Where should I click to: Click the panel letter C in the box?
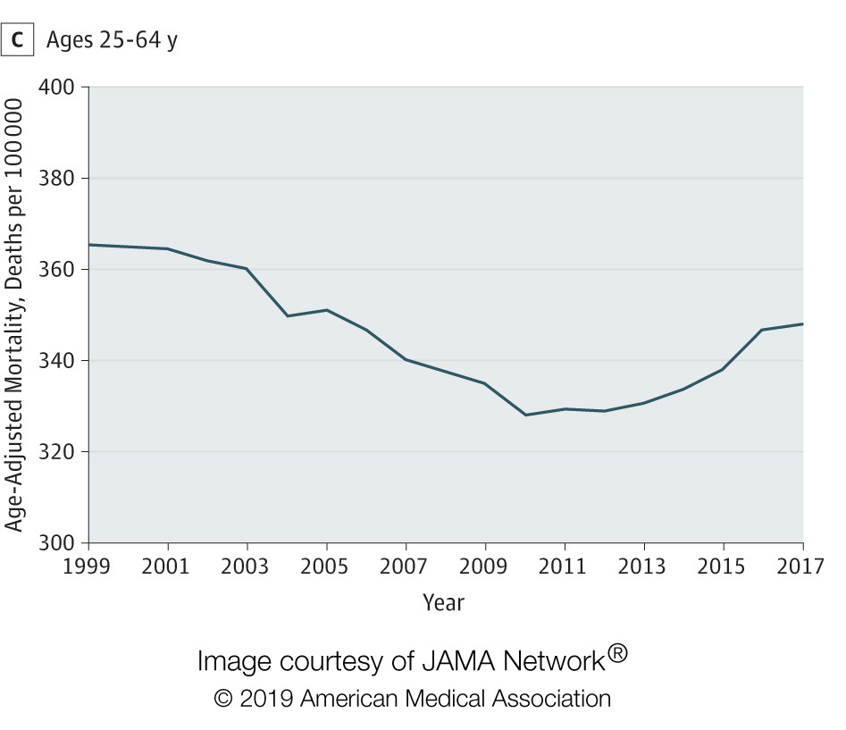click(18, 41)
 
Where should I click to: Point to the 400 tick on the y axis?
click(58, 88)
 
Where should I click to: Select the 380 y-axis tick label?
click(58, 179)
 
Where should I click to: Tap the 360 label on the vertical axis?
click(58, 270)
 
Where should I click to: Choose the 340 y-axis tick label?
click(58, 361)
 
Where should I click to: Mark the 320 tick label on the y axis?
click(58, 452)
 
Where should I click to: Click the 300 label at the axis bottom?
click(58, 543)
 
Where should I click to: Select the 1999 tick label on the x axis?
click(88, 566)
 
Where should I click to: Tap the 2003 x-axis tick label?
click(247, 566)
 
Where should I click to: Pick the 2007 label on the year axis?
click(406, 566)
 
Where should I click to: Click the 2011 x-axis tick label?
click(565, 566)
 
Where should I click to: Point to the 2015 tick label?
click(723, 566)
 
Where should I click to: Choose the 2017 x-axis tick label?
click(801, 566)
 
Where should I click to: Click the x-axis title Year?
click(444, 602)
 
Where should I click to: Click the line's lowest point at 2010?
click(525, 415)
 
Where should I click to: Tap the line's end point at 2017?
click(802, 323)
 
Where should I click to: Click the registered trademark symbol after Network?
click(618, 655)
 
